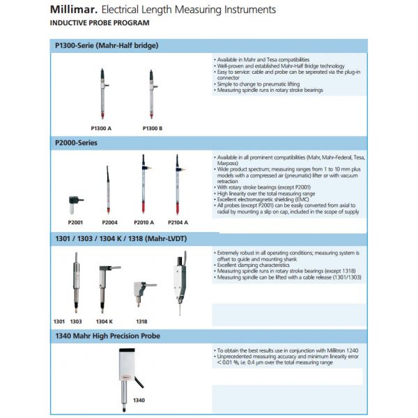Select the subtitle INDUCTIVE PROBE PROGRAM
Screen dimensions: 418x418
point(99,22)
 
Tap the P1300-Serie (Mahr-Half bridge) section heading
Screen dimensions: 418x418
point(107,45)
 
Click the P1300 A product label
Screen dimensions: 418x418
point(102,128)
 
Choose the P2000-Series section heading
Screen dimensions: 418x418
point(77,143)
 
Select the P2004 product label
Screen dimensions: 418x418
point(109,222)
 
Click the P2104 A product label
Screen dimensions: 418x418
point(178,222)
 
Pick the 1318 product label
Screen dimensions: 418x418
point(141,321)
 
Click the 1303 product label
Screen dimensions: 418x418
point(76,321)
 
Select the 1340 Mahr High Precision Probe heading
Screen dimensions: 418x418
point(108,336)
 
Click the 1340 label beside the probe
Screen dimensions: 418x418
point(139,401)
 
